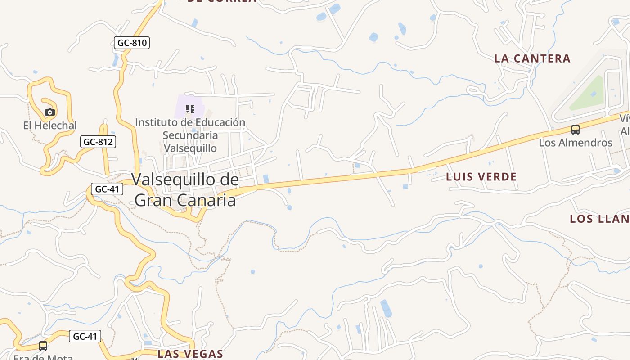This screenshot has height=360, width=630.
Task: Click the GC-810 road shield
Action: (131, 43)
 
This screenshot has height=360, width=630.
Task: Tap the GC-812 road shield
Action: (98, 142)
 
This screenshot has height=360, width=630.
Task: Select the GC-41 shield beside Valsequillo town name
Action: (107, 189)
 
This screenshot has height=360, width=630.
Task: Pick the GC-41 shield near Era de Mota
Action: (85, 336)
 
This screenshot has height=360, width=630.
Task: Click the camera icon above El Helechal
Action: (50, 112)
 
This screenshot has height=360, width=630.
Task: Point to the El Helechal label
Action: (50, 126)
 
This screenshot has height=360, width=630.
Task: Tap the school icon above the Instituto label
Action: (190, 108)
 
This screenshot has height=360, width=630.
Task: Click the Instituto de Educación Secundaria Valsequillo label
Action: (190, 135)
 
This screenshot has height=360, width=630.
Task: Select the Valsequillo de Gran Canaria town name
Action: (185, 189)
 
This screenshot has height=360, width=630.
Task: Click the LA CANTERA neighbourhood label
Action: (532, 58)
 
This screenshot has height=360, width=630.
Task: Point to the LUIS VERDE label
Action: (481, 177)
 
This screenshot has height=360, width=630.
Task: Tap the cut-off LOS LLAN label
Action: (599, 219)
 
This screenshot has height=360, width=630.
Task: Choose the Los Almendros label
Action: (576, 143)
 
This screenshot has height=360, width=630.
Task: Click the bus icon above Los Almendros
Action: (575, 130)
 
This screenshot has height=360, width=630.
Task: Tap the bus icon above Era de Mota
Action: (43, 346)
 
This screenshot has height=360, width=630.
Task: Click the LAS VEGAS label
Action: (190, 354)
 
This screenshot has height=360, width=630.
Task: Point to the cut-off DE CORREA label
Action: (222, 1)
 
